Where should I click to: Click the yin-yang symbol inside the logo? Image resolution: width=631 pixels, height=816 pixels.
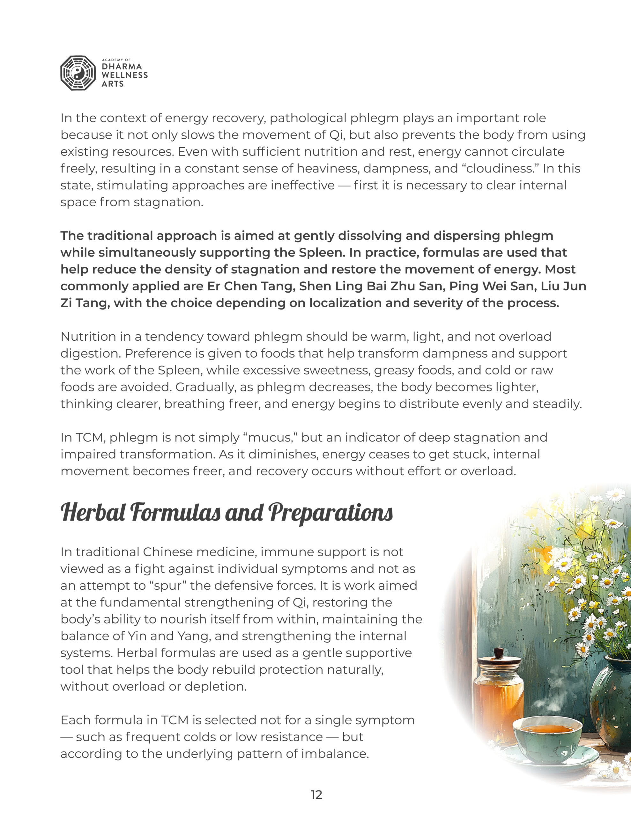78,73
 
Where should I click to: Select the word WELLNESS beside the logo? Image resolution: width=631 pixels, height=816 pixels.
124,75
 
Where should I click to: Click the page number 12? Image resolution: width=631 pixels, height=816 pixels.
316,795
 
